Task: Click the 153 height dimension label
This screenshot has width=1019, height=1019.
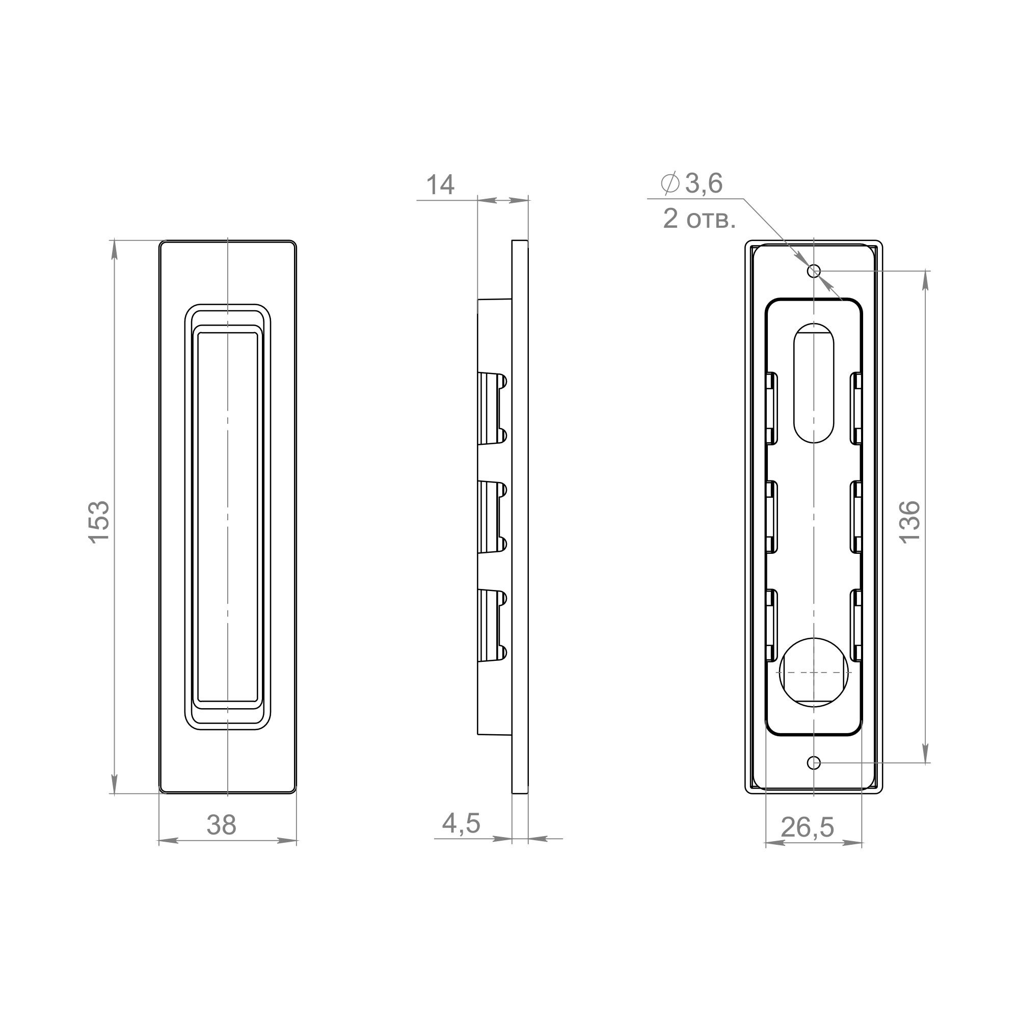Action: click(99, 522)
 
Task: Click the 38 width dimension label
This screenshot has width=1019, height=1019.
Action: click(221, 825)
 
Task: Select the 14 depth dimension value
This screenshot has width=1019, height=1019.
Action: click(440, 185)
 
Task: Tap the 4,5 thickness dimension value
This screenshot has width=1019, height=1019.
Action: click(461, 824)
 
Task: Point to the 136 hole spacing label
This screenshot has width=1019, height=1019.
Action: click(910, 522)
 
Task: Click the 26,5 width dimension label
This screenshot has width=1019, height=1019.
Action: click(807, 827)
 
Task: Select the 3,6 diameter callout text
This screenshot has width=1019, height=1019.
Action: click(704, 183)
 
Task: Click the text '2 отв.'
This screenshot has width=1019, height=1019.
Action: click(699, 219)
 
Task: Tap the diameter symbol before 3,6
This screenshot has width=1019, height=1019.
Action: click(670, 183)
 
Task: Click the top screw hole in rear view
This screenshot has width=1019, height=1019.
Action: click(814, 271)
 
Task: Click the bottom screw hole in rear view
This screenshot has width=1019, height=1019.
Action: click(814, 763)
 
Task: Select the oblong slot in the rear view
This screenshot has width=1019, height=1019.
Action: click(814, 383)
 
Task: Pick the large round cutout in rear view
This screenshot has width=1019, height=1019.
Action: click(814, 673)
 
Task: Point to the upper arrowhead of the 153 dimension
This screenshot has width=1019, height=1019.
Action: click(115, 251)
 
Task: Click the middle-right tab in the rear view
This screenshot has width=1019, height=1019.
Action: click(857, 517)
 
